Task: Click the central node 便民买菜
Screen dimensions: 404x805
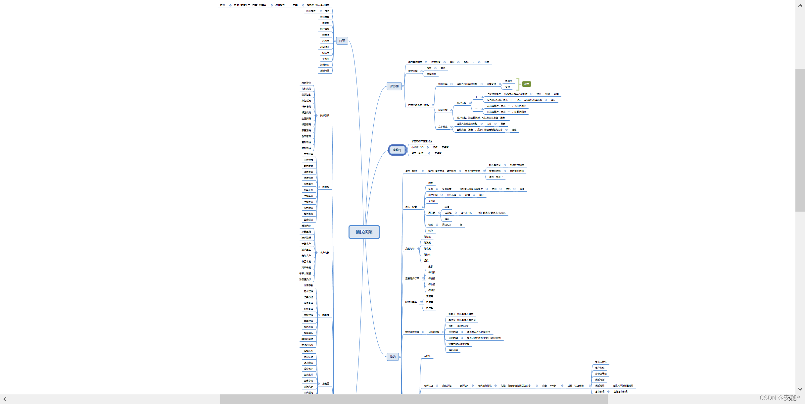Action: click(x=364, y=232)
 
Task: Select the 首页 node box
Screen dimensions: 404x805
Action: click(x=342, y=41)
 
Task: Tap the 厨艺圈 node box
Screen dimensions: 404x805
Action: click(x=394, y=86)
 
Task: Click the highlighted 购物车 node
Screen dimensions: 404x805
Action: click(x=397, y=150)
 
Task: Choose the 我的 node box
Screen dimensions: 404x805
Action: click(x=393, y=357)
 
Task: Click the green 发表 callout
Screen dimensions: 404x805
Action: click(x=526, y=84)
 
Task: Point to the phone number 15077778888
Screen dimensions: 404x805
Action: click(x=517, y=165)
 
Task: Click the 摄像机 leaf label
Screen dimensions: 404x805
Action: click(x=508, y=81)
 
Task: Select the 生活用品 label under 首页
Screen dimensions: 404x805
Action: click(x=325, y=71)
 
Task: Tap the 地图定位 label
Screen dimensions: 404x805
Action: click(x=311, y=11)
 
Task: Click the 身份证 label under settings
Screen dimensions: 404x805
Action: click(x=432, y=201)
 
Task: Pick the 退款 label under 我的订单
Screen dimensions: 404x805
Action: click(x=426, y=261)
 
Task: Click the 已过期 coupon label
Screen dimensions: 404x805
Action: click(x=430, y=308)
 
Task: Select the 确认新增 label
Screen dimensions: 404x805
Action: click(x=453, y=350)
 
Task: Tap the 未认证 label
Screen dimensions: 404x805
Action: click(x=427, y=356)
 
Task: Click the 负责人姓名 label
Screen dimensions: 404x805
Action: click(x=601, y=362)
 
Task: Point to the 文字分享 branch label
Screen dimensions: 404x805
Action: click(x=443, y=127)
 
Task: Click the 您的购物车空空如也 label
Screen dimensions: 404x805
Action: click(x=422, y=141)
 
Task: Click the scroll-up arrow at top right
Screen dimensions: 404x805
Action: click(x=800, y=6)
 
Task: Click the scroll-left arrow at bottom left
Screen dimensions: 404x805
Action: click(x=5, y=399)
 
